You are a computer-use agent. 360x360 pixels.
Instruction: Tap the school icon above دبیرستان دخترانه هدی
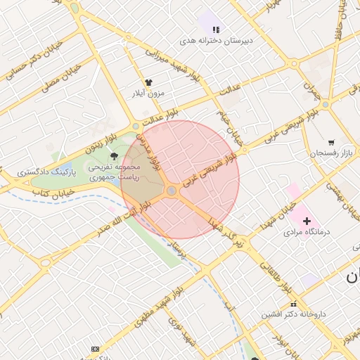(216, 30)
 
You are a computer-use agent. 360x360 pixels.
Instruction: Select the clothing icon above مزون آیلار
(148, 82)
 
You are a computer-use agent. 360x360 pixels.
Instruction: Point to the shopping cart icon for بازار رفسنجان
(331, 141)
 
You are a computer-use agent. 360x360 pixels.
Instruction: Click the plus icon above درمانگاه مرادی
(307, 221)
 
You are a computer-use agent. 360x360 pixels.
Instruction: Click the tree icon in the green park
(115, 156)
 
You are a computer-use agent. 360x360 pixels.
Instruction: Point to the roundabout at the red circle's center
(172, 191)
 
